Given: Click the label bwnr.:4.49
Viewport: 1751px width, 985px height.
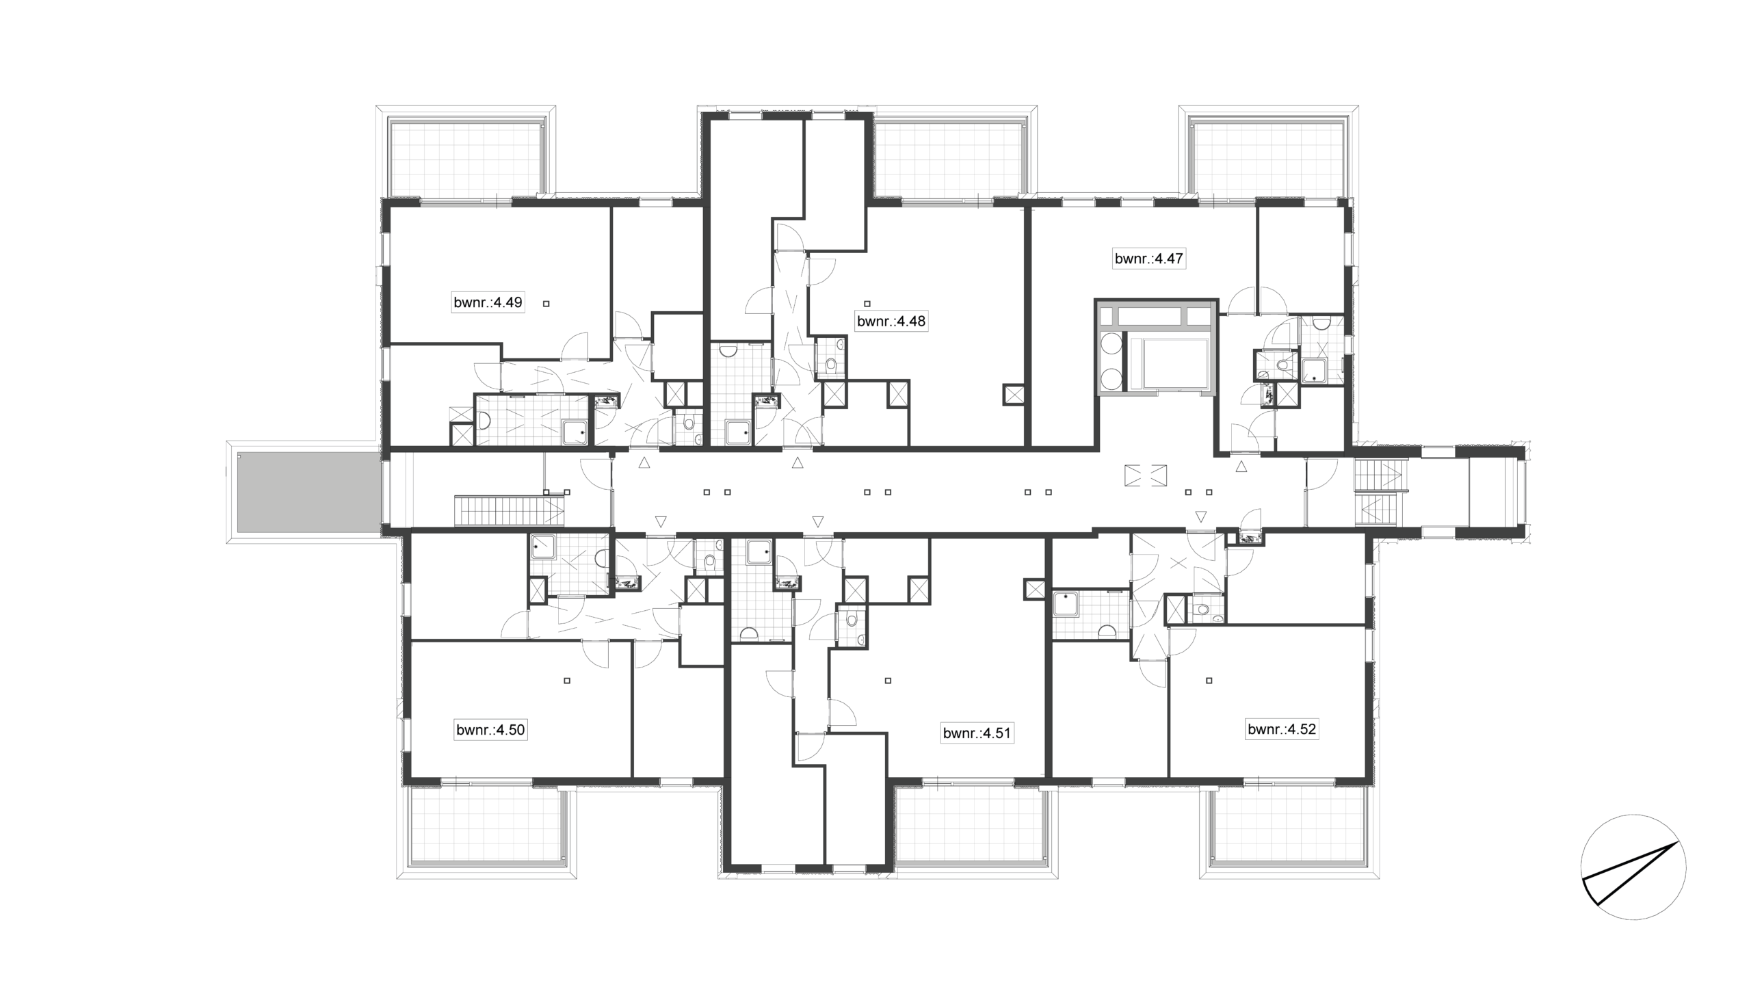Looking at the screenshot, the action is tap(488, 302).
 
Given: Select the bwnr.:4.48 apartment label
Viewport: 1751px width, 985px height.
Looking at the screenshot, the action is tap(891, 321).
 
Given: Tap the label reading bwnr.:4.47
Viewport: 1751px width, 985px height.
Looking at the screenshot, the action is tap(1149, 259).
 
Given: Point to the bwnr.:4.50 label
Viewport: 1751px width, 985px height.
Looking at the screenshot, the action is tap(490, 730).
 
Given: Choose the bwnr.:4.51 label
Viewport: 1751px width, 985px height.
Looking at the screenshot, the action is tap(977, 734).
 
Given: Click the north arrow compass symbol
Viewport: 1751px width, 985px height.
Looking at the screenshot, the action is tap(1633, 867).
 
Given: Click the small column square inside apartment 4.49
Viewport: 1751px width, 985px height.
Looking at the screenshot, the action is tap(546, 303).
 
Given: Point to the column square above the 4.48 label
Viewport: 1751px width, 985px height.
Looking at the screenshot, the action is tap(867, 303).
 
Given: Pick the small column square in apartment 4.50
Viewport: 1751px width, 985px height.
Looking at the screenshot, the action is tap(567, 681).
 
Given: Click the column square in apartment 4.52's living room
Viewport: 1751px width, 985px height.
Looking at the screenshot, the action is tap(1209, 681).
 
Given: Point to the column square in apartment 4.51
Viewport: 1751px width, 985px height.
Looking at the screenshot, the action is tap(888, 681).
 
